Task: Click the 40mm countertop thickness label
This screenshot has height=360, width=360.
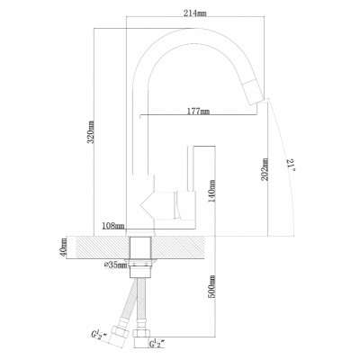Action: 64,246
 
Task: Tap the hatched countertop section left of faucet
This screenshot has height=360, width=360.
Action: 99,245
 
